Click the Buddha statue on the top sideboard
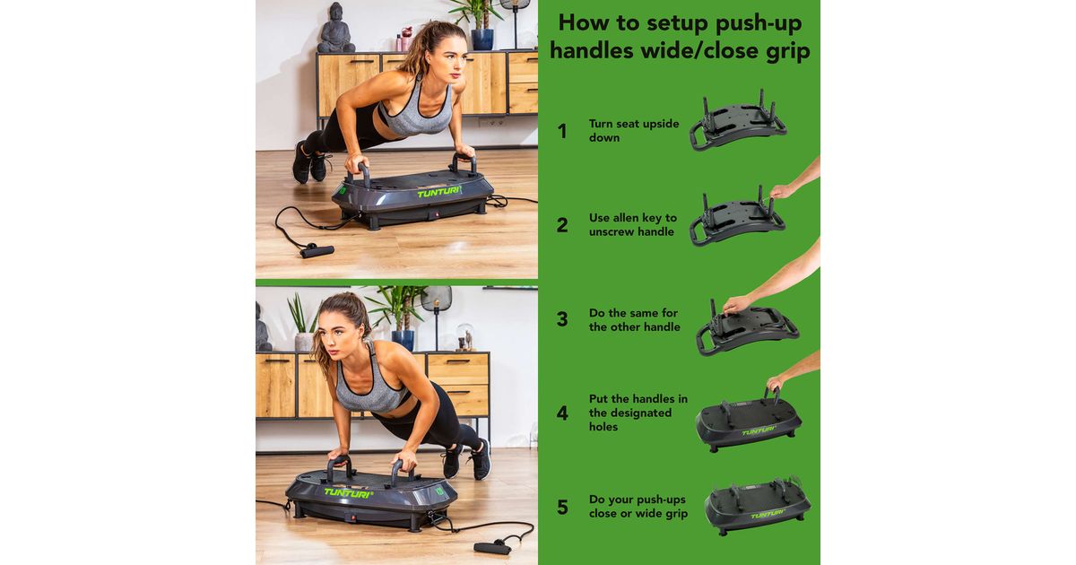click(x=335, y=28)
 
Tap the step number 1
click(x=561, y=131)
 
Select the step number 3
click(x=562, y=319)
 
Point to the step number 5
click(x=562, y=507)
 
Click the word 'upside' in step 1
click(x=662, y=125)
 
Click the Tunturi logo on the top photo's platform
click(x=439, y=193)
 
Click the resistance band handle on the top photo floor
click(x=317, y=251)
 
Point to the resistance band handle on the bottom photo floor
click(x=492, y=547)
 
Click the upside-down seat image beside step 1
click(x=738, y=120)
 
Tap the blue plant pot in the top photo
click(x=482, y=39)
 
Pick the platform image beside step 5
click(x=758, y=507)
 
